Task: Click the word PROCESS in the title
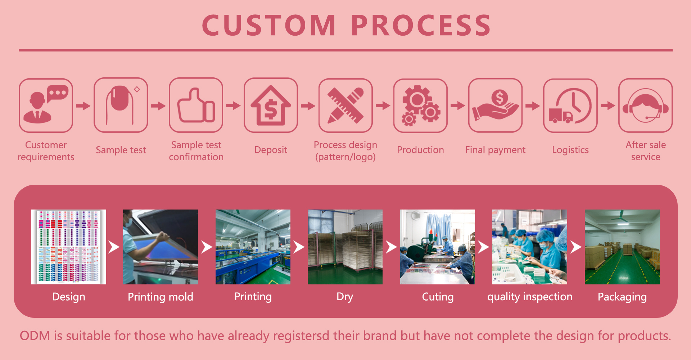[x=421, y=26]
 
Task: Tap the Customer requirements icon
[x=46, y=105]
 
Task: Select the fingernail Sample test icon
[x=121, y=105]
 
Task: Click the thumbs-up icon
[x=196, y=105]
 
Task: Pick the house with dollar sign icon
[x=271, y=105]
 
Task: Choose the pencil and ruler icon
[x=345, y=105]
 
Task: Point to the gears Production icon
[x=420, y=105]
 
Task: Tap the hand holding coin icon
[x=495, y=105]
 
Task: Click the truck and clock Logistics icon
[x=570, y=105]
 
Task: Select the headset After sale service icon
[x=645, y=105]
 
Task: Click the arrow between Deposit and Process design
[x=308, y=106]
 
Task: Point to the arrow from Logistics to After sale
[x=608, y=106]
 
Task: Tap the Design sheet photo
[x=69, y=247]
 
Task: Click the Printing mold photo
[x=161, y=247]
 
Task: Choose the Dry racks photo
[x=345, y=247]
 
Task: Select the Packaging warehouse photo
[x=622, y=247]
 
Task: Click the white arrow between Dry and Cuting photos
[x=391, y=247]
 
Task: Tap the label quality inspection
[x=530, y=297]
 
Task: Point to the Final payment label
[x=495, y=150]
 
